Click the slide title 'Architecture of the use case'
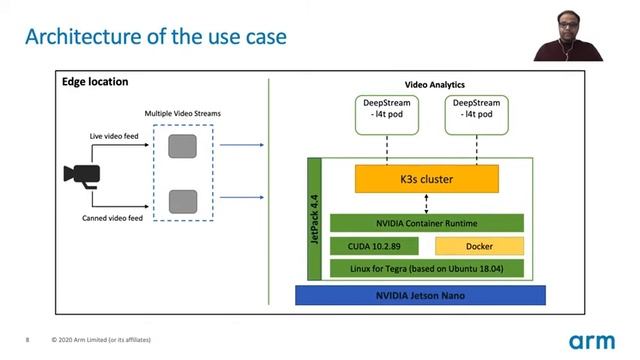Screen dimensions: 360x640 155,37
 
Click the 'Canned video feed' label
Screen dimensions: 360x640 113,216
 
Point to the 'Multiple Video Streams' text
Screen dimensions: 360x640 181,113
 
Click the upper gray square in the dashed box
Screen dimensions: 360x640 181,146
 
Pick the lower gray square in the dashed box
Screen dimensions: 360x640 181,201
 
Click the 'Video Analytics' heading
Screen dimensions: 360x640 434,85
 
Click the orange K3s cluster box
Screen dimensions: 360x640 427,179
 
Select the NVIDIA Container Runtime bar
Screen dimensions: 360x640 427,223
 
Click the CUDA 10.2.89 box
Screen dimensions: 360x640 374,246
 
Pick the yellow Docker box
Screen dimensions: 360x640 478,246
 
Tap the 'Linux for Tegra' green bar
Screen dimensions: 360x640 427,269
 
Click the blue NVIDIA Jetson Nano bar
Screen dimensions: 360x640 420,296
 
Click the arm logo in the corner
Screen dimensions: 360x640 592,340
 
